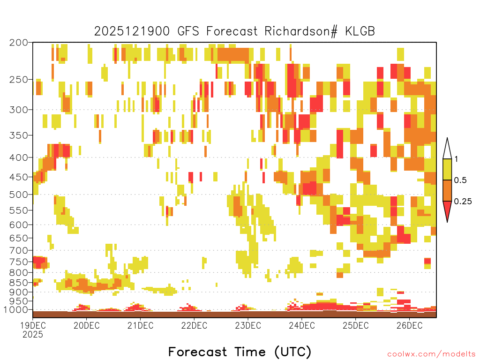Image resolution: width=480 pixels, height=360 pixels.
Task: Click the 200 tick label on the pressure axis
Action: click(18, 43)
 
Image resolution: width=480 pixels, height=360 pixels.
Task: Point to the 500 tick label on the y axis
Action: click(18, 195)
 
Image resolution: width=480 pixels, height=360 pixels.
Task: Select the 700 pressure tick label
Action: click(18, 250)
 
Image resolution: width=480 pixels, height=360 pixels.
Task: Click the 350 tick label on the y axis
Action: click(18, 135)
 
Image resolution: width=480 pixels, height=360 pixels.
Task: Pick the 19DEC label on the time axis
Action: click(33, 325)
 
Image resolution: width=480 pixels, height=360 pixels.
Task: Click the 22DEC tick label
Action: click(194, 325)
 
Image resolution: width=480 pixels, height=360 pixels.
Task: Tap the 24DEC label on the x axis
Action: click(302, 325)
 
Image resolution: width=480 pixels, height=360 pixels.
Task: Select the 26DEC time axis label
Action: click(410, 325)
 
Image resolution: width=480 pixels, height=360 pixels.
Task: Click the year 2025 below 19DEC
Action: click(33, 334)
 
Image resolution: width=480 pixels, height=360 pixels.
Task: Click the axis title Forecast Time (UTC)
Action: click(240, 352)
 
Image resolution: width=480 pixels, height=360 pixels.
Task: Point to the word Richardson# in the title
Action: click(301, 31)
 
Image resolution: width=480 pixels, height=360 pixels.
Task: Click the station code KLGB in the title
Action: click(360, 31)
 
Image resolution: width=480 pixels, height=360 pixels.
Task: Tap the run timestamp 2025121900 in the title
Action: click(132, 31)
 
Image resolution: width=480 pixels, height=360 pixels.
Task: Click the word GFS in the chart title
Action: click(188, 31)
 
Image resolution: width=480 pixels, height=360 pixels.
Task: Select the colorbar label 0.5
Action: click(460, 180)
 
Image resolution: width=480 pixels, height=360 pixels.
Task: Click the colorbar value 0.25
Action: click(463, 201)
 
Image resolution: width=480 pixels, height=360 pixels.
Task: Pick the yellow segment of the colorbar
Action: click(447, 169)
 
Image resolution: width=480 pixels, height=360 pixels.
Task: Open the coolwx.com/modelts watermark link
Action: click(431, 354)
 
